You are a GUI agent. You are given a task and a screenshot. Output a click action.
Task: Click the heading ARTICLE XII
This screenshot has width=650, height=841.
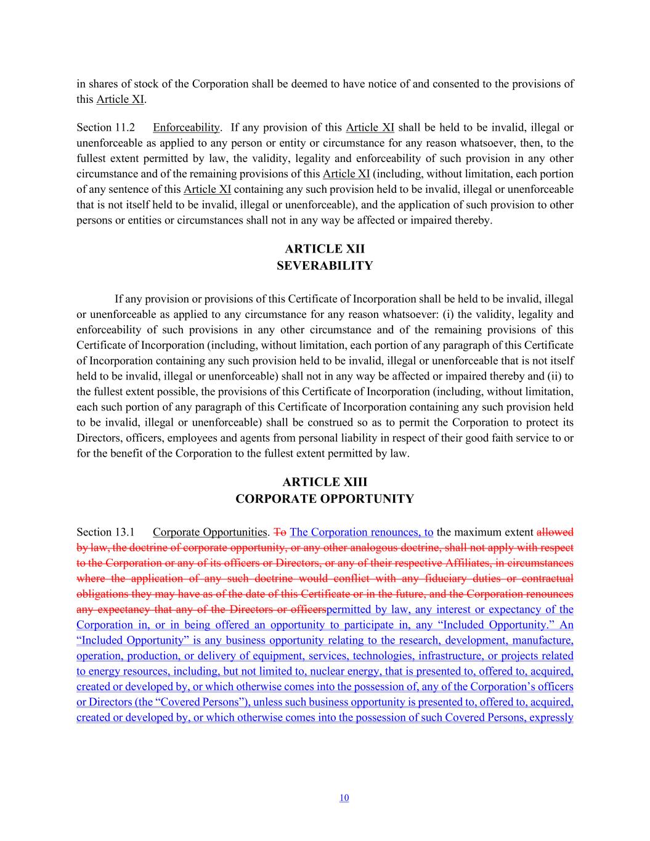pyautogui.click(x=325, y=249)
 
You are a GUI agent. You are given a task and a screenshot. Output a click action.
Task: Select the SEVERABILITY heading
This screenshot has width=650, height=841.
pyautogui.click(x=325, y=266)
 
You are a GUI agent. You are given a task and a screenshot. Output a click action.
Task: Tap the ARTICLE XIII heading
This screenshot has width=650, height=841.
pyautogui.click(x=325, y=482)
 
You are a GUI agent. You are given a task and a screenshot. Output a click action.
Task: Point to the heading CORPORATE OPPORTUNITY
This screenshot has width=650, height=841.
pyautogui.click(x=325, y=498)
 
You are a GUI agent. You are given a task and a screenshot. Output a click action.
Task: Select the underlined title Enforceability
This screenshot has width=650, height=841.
pyautogui.click(x=186, y=128)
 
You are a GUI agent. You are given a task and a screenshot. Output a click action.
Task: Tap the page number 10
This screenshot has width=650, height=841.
pyautogui.click(x=344, y=798)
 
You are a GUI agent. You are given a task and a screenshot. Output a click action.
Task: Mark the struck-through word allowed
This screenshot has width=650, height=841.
pyautogui.click(x=555, y=532)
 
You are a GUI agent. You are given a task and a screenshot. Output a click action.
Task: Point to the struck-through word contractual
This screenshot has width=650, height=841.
pyautogui.click(x=544, y=578)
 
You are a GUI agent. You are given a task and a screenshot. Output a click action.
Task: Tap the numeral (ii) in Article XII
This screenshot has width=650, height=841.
pyautogui.click(x=553, y=376)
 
